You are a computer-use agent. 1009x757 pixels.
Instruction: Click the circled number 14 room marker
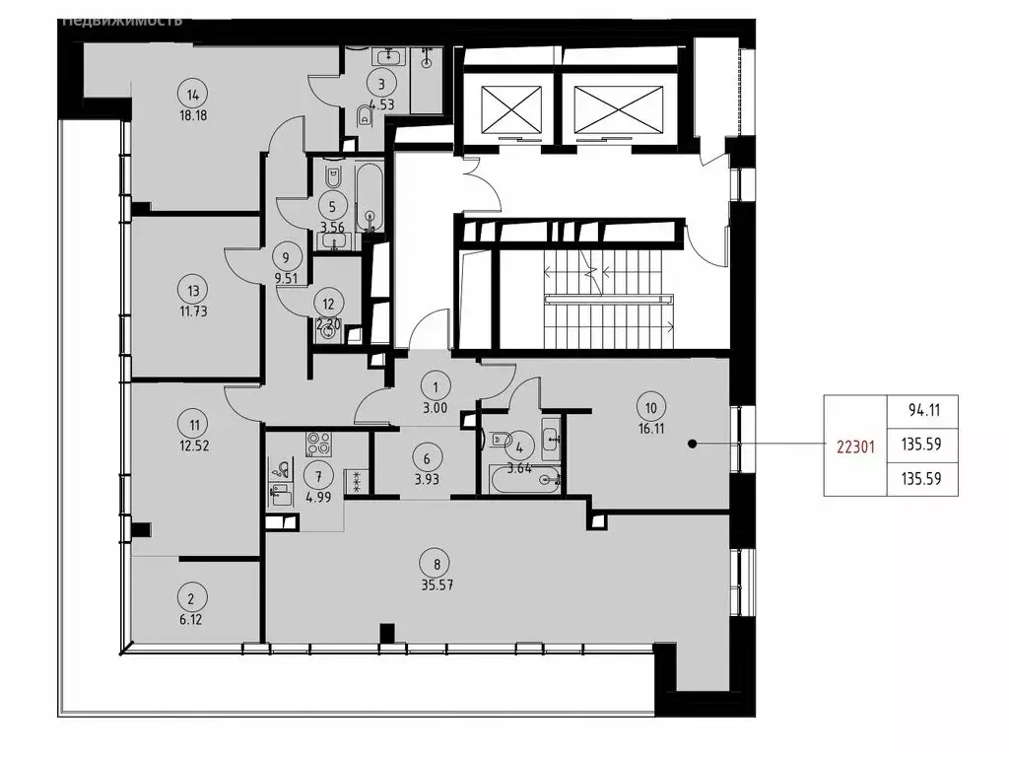coord(192,95)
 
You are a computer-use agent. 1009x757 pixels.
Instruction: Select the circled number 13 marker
coord(193,290)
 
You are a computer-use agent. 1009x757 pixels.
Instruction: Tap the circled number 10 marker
coord(649,403)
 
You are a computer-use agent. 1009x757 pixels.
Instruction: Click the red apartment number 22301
coord(854,445)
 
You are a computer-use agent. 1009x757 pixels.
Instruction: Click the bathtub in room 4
coord(522,480)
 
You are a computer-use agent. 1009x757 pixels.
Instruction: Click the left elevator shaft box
coord(510,105)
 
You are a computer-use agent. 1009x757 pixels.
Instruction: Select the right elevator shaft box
coord(606,105)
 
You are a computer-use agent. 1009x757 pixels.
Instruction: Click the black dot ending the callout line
coord(693,445)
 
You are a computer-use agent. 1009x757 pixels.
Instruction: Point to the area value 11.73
coord(193,310)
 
